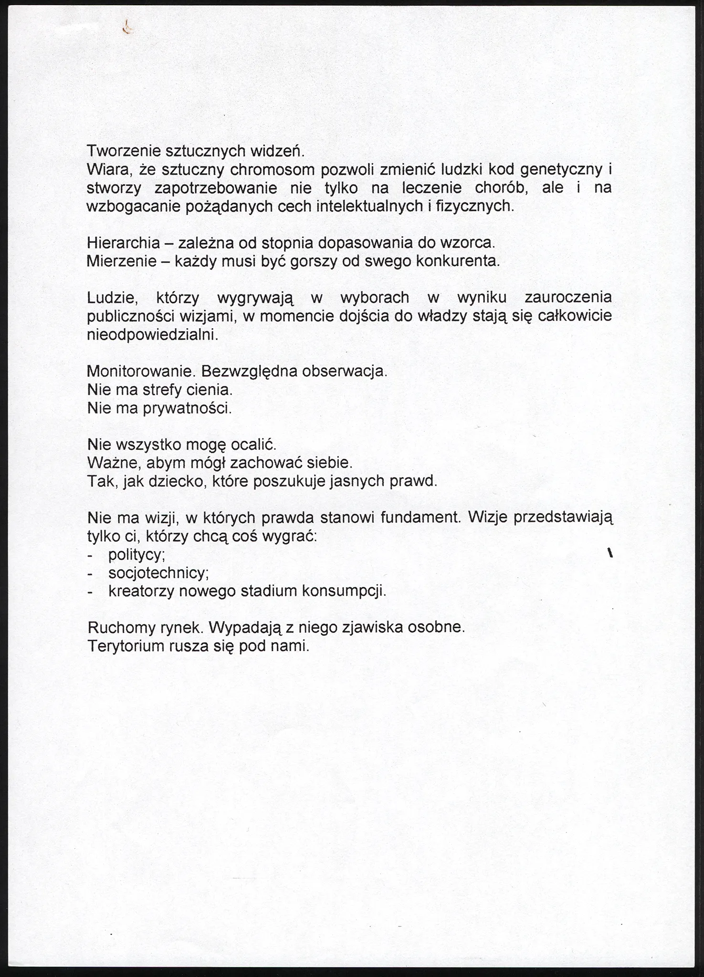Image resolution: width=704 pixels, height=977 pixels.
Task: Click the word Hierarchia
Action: coord(124,243)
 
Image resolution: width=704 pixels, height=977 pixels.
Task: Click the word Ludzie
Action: coord(113,298)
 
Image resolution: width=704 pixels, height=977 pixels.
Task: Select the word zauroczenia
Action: coord(567,298)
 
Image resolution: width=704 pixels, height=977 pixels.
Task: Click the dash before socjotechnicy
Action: coord(90,573)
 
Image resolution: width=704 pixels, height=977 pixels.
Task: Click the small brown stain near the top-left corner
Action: coord(127,28)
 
